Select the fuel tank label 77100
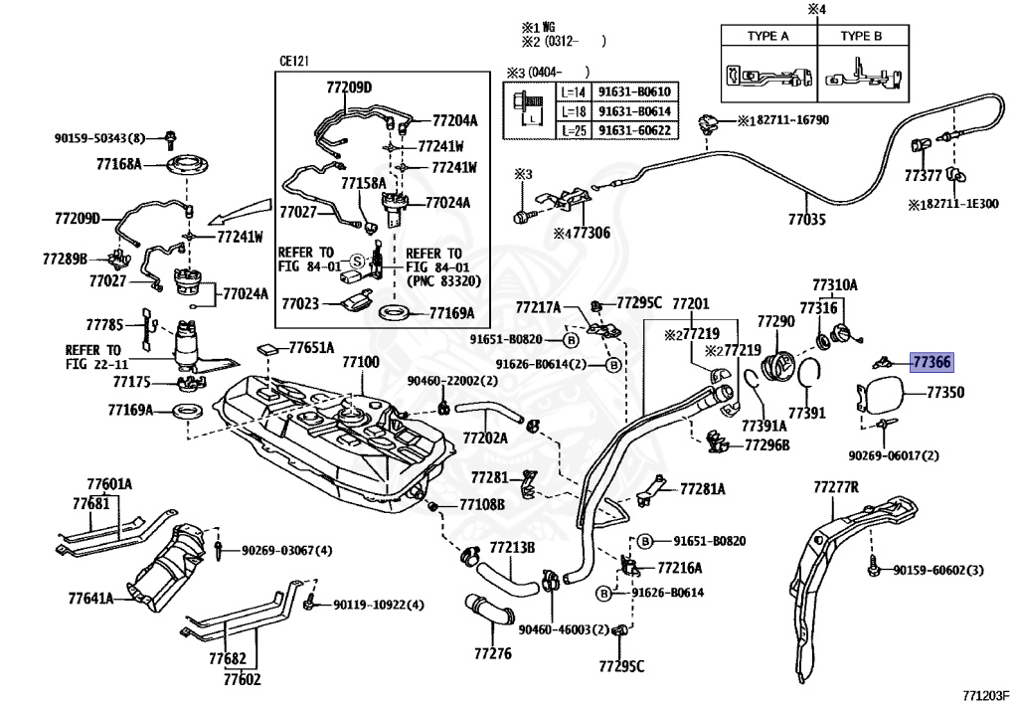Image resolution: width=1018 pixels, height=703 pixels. pyautogui.click(x=361, y=362)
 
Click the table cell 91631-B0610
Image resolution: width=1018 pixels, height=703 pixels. pyautogui.click(x=634, y=91)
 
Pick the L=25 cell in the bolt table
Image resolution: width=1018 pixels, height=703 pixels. pyautogui.click(x=574, y=131)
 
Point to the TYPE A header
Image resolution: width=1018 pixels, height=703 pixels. pyautogui.click(x=768, y=37)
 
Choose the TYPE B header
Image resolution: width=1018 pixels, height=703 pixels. pyautogui.click(x=861, y=37)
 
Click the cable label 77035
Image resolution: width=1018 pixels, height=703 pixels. pyautogui.click(x=807, y=220)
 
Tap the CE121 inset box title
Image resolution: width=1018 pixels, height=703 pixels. pyautogui.click(x=294, y=61)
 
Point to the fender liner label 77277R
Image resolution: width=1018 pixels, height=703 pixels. pyautogui.click(x=836, y=487)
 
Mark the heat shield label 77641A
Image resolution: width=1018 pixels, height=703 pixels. pyautogui.click(x=90, y=598)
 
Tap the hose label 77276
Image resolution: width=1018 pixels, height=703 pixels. pyautogui.click(x=493, y=653)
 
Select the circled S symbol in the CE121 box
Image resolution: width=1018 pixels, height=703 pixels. pyautogui.click(x=357, y=262)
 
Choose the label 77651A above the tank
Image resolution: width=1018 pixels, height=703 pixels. pyautogui.click(x=311, y=348)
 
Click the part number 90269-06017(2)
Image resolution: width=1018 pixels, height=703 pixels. pyautogui.click(x=894, y=455)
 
